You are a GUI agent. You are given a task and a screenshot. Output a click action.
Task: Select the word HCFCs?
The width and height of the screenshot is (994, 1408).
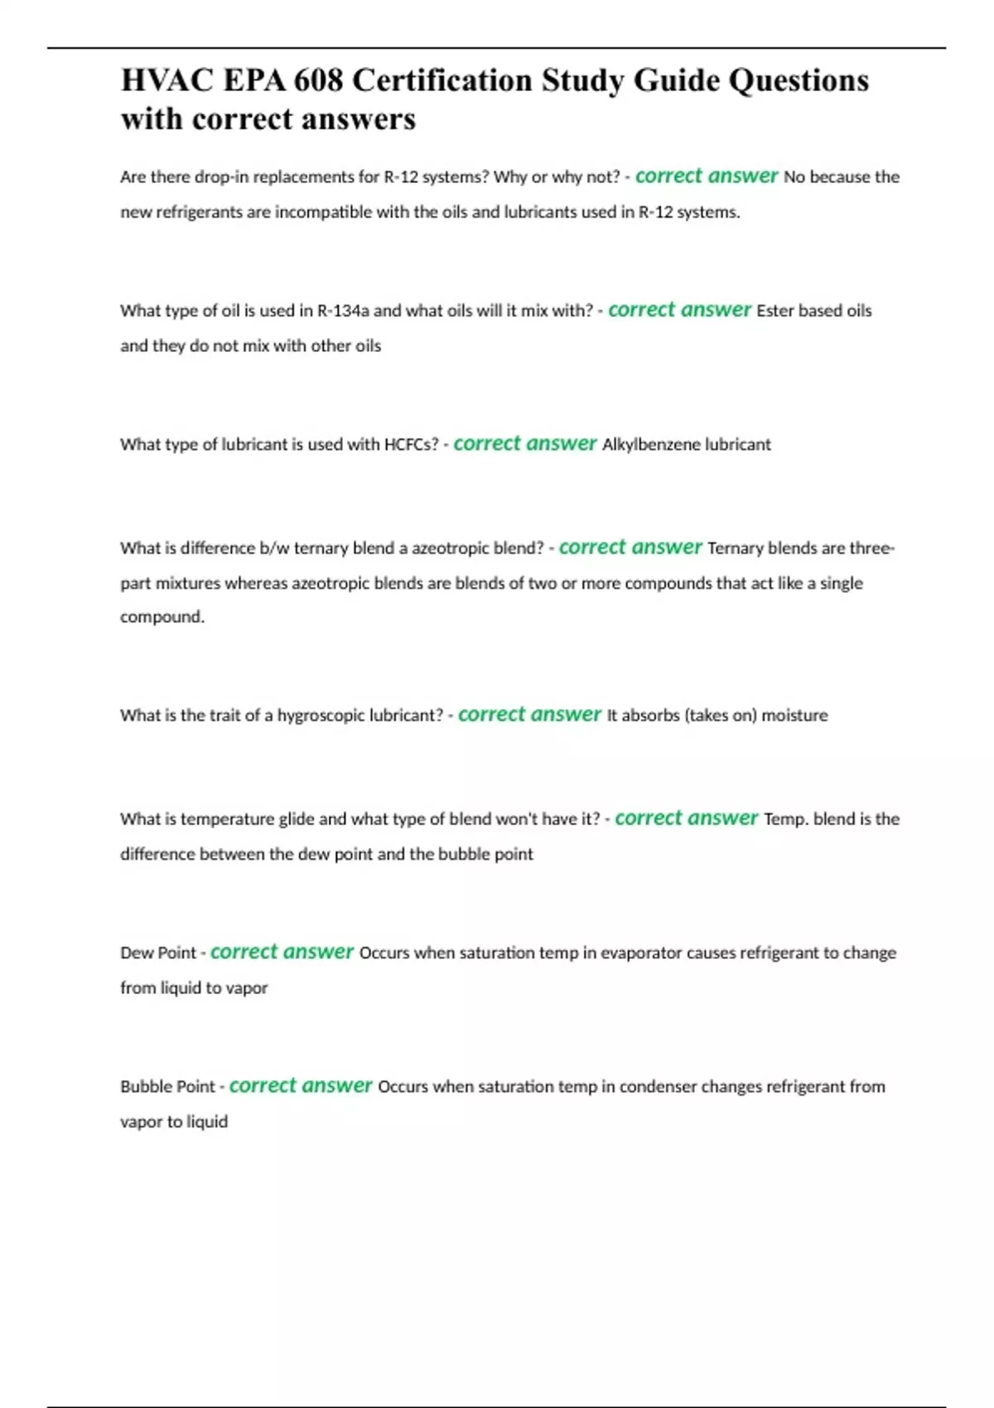click(411, 445)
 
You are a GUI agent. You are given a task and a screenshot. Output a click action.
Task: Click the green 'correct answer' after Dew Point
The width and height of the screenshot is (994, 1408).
click(282, 952)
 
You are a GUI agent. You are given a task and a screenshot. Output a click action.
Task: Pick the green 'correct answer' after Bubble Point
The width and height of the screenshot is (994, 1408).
click(301, 1086)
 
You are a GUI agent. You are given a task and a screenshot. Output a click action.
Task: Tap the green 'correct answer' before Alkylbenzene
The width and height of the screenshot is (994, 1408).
click(525, 444)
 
